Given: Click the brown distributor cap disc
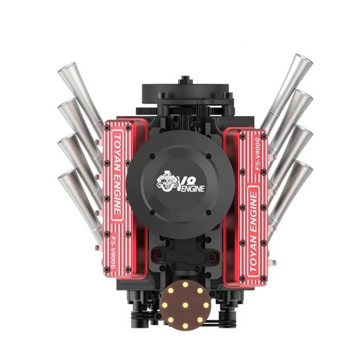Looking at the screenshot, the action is click(185, 305).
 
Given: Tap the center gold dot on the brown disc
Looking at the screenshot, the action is click(185, 305).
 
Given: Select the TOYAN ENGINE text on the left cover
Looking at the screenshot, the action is click(117, 175).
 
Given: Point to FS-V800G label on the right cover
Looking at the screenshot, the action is click(258, 154).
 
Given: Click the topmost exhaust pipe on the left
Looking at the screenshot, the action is click(81, 99).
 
